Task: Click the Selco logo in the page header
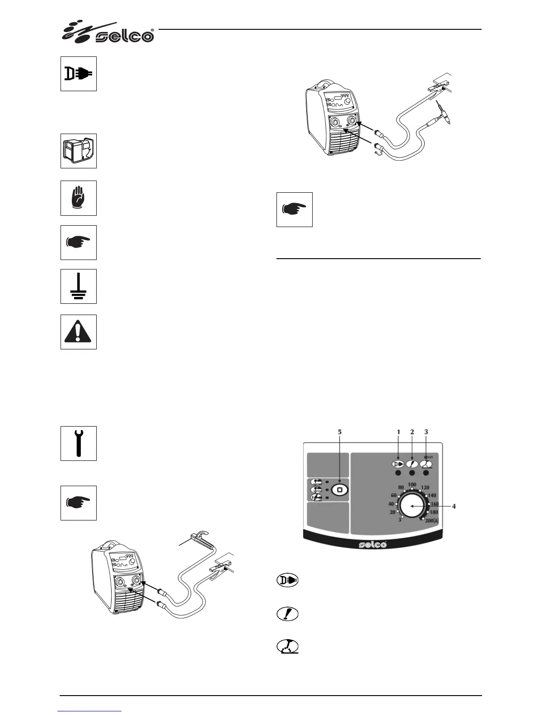pyautogui.click(x=108, y=32)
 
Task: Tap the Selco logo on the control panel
pyautogui.click(x=373, y=544)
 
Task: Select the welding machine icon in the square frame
pyautogui.click(x=79, y=151)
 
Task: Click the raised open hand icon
pyautogui.click(x=79, y=198)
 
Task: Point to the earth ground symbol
pyautogui.click(x=79, y=287)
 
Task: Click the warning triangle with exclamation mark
pyautogui.click(x=79, y=332)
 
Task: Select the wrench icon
pyautogui.click(x=79, y=443)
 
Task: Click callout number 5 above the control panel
pyautogui.click(x=340, y=432)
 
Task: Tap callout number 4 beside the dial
pyautogui.click(x=454, y=506)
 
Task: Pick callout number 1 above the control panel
pyautogui.click(x=398, y=432)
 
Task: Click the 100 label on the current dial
pyautogui.click(x=412, y=485)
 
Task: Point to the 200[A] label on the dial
pyautogui.click(x=432, y=520)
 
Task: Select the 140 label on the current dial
pyautogui.click(x=432, y=496)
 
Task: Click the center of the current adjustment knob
pyautogui.click(x=412, y=506)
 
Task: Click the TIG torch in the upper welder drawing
pyautogui.click(x=441, y=113)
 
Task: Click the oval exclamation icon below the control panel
pyautogui.click(x=287, y=614)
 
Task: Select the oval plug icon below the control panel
pyautogui.click(x=287, y=580)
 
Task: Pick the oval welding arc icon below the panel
pyautogui.click(x=287, y=647)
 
